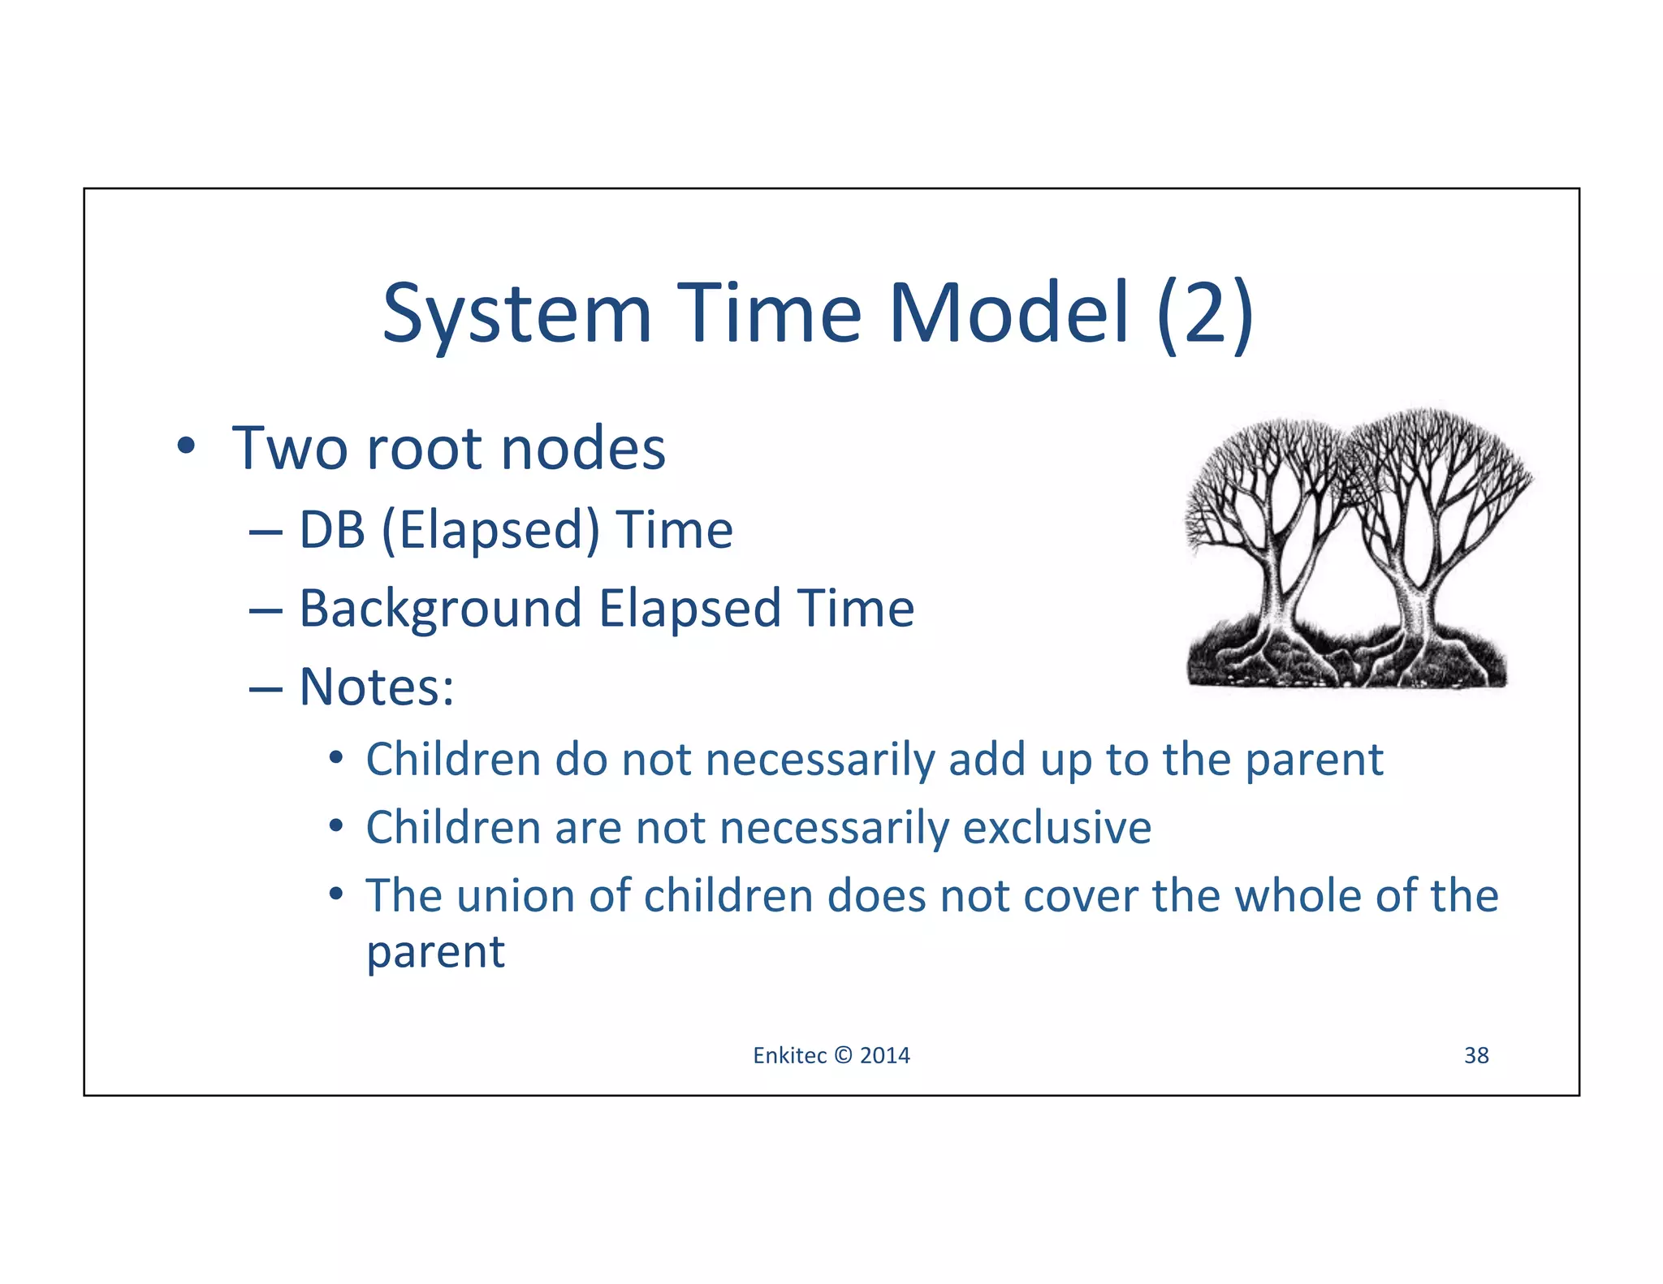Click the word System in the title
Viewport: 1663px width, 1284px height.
[517, 314]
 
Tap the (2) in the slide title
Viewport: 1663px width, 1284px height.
[1205, 314]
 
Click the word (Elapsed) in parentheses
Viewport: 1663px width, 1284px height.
[490, 530]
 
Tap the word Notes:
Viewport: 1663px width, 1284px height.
[377, 687]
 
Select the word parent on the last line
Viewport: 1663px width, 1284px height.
[435, 952]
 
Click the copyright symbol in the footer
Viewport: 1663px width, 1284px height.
[843, 1055]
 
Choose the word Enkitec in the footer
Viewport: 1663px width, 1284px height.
[789, 1055]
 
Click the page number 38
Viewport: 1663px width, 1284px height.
[1475, 1055]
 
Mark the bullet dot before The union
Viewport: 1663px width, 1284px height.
[335, 894]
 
